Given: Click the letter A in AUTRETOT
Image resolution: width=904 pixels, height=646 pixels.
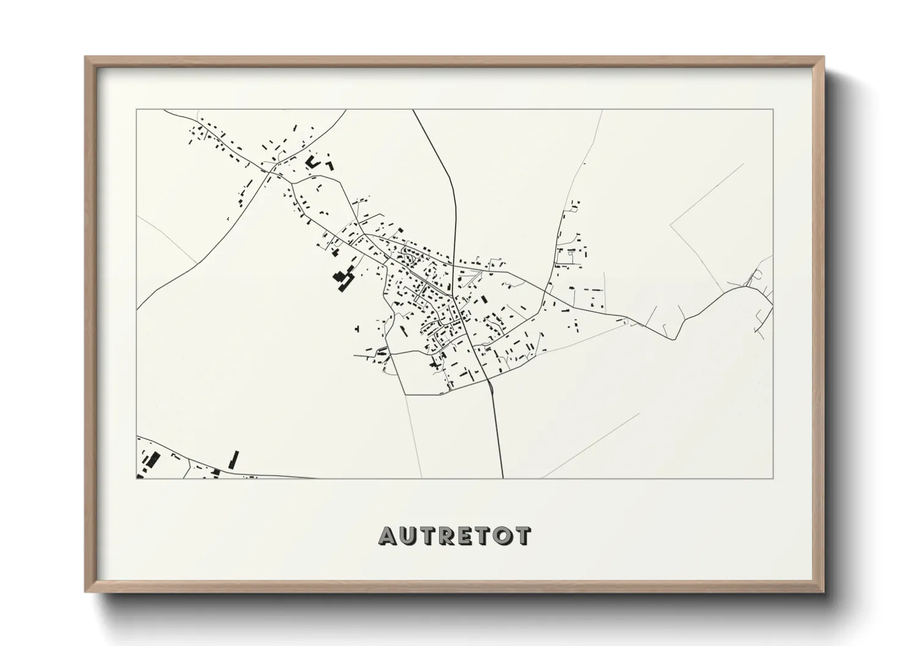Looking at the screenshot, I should [388, 536].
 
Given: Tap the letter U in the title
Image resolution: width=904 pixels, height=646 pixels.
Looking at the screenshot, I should [409, 536].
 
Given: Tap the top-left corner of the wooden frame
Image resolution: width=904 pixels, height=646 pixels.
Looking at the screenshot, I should [86, 57].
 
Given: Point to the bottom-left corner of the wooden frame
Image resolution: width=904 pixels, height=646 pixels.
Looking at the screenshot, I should [86, 592].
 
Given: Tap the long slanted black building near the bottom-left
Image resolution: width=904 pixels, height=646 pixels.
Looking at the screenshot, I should [233, 460].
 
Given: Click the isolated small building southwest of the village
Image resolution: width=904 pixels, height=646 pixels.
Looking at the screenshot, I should [357, 329].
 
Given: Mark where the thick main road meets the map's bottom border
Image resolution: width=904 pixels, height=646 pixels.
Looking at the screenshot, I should [503, 478].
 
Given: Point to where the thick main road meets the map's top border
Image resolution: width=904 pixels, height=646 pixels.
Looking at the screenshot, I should [413, 110].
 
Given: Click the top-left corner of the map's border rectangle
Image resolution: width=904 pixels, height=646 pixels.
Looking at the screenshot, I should [137, 110].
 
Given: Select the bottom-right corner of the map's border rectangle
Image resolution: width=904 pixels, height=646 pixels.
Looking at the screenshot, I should [773, 478].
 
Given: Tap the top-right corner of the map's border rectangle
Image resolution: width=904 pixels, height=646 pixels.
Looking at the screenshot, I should [773, 110].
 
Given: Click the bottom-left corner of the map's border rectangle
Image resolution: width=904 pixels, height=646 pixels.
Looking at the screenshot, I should [137, 478].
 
